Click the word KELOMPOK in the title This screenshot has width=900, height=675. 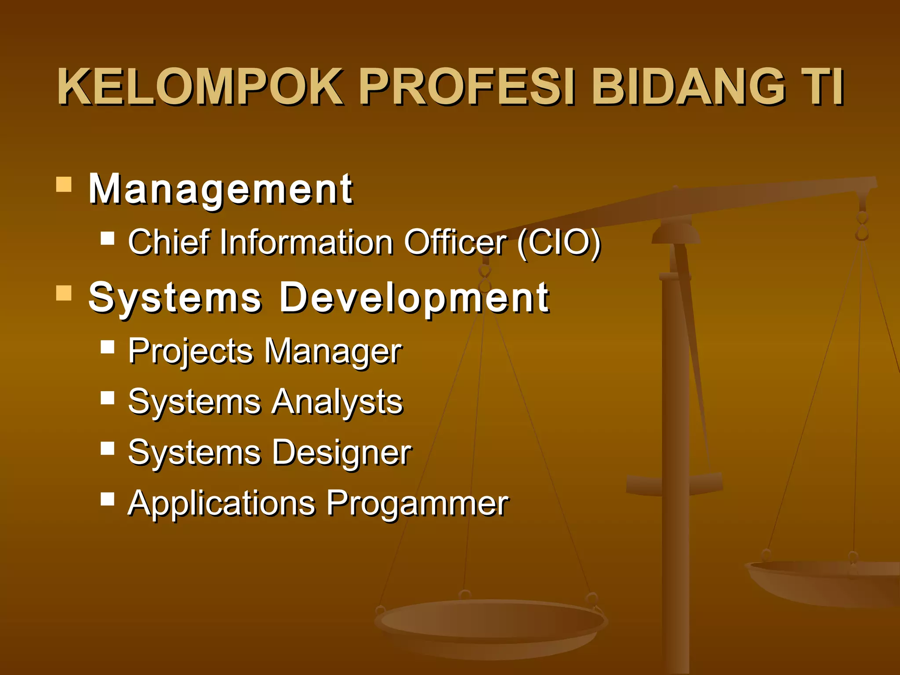click(x=200, y=87)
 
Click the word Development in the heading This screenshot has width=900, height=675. click(x=414, y=298)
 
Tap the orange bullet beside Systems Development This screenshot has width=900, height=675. click(x=64, y=293)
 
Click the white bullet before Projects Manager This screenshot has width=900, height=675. click(x=107, y=347)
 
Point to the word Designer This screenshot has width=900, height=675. click(x=341, y=453)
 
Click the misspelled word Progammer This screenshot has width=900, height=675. click(x=417, y=504)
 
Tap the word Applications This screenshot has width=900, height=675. click(x=221, y=504)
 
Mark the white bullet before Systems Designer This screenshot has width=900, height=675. click(x=107, y=449)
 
